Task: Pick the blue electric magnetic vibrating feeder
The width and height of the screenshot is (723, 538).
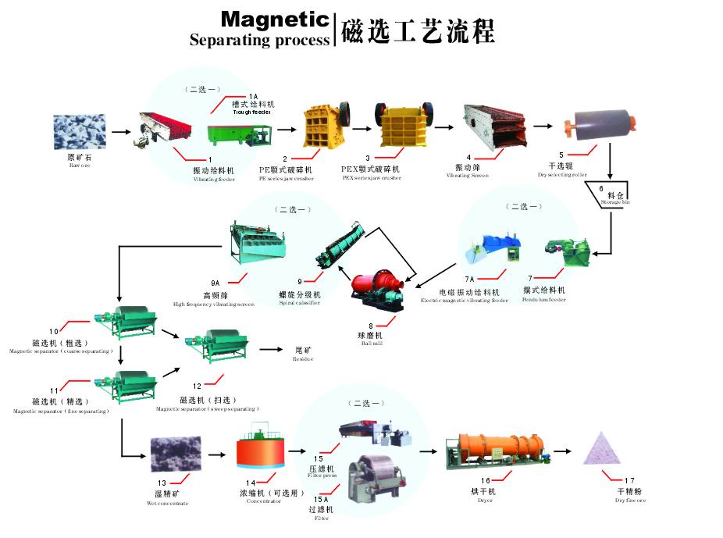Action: pos(492,249)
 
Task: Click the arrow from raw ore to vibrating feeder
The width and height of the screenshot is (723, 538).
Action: pos(121,132)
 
